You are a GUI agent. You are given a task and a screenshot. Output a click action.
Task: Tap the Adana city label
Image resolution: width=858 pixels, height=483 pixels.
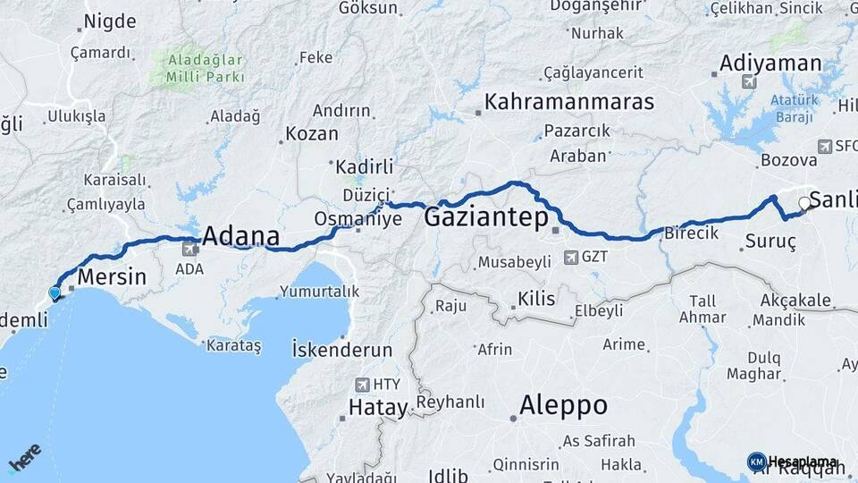click(240, 237)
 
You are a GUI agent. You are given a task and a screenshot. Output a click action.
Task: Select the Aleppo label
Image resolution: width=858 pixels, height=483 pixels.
click(564, 405)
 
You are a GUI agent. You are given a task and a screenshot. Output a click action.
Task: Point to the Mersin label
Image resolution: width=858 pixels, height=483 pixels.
click(112, 276)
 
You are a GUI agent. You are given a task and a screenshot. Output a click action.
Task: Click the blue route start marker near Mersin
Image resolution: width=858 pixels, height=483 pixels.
click(55, 292)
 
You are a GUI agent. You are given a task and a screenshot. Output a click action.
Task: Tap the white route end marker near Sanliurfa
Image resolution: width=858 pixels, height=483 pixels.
click(804, 203)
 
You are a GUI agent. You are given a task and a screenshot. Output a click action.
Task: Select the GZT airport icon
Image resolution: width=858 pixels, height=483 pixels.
click(571, 258)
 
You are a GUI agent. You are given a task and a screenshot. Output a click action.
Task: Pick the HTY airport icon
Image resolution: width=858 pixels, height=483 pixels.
click(361, 385)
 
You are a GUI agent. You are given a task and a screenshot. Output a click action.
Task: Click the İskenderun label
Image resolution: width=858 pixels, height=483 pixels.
click(342, 350)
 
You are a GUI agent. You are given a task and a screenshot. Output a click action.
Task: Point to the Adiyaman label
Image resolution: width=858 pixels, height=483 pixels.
click(770, 64)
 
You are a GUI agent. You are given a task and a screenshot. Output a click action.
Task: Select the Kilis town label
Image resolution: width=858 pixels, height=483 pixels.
click(536, 299)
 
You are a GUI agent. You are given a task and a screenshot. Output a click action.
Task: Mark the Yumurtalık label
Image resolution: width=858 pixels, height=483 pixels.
click(319, 291)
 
